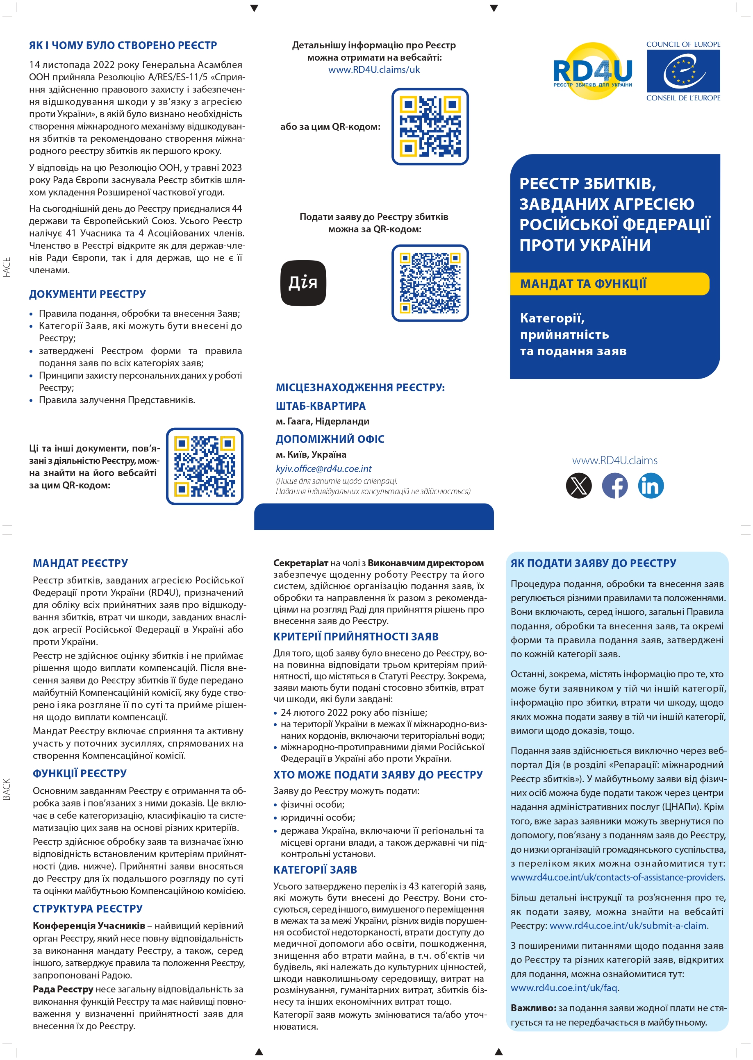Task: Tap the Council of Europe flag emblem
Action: tap(683, 71)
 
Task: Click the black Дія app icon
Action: tap(303, 283)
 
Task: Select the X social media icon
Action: tap(579, 485)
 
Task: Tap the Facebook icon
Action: tap(614, 485)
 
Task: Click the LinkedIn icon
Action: tap(651, 485)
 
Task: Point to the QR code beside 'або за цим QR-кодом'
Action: tap(430, 127)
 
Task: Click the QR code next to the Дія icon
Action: tap(430, 283)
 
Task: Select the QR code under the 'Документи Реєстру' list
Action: tap(205, 466)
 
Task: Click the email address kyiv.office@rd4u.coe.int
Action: tap(324, 469)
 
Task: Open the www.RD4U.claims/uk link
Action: tap(374, 70)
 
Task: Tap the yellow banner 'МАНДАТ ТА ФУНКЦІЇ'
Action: tap(609, 284)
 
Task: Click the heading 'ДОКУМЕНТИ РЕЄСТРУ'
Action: tap(88, 294)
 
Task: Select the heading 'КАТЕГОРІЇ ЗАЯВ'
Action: tap(315, 869)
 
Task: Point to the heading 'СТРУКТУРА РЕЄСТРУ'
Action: tap(88, 908)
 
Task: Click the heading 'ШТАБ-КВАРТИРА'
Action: tap(321, 406)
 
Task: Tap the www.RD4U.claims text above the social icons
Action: tap(614, 460)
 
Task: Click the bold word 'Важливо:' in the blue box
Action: tap(533, 1008)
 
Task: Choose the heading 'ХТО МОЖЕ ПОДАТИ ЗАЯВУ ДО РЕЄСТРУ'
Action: tap(378, 775)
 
